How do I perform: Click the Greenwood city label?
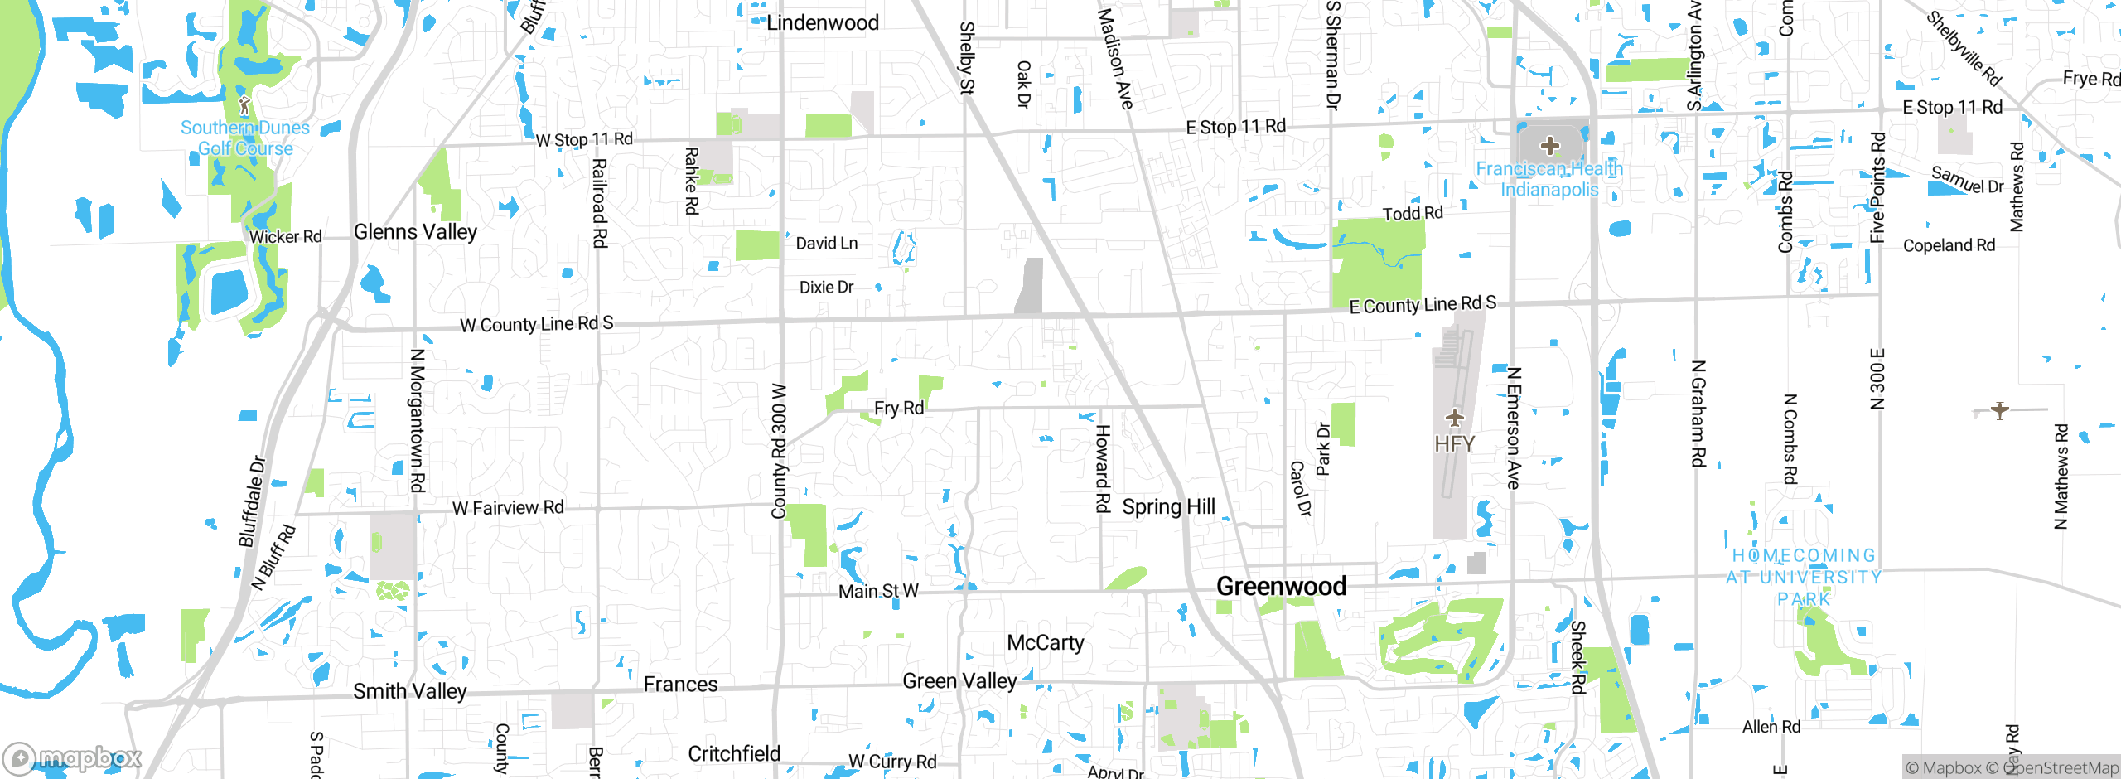[1281, 587]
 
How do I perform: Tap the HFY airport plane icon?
[1454, 418]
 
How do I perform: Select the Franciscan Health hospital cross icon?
[1549, 147]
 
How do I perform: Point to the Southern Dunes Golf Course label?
[245, 138]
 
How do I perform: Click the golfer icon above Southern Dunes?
[244, 105]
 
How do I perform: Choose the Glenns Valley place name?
[415, 232]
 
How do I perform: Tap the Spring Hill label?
[1168, 507]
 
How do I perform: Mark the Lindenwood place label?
[822, 23]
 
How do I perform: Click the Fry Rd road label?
[899, 409]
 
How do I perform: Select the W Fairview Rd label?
[508, 508]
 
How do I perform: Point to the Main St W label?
[878, 592]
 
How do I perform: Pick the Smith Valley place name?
[410, 691]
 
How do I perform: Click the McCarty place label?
[1046, 643]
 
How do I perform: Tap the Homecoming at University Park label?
[1804, 577]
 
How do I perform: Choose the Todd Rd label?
[1413, 214]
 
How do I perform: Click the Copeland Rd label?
[1949, 246]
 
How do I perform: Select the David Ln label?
[827, 244]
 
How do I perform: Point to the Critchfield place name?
[734, 754]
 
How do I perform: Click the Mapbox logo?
[73, 757]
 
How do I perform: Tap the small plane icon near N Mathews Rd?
[2000, 410]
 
